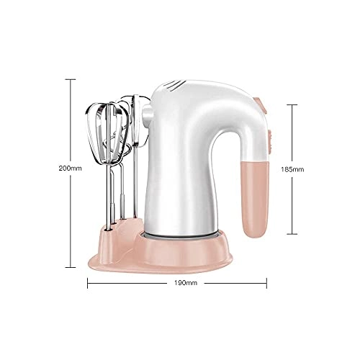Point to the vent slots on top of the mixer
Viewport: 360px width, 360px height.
(176, 87)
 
